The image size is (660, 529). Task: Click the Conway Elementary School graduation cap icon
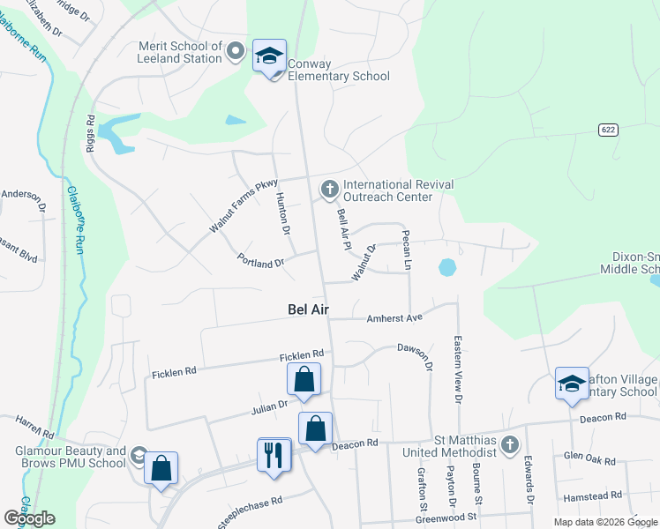point(269,56)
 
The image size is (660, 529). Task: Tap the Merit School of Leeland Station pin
point(235,51)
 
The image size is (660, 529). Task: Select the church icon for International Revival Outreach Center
point(329,189)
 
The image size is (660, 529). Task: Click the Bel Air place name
point(308,309)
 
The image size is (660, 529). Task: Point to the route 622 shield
point(608,130)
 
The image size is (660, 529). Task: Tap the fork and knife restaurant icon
point(274,454)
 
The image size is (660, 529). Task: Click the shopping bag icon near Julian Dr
point(304,380)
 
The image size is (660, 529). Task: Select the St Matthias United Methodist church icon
point(508,445)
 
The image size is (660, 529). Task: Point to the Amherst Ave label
point(395,317)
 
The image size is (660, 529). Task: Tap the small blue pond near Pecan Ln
point(447,265)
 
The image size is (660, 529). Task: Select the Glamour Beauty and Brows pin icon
point(138,456)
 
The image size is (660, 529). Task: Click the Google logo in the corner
point(30,518)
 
